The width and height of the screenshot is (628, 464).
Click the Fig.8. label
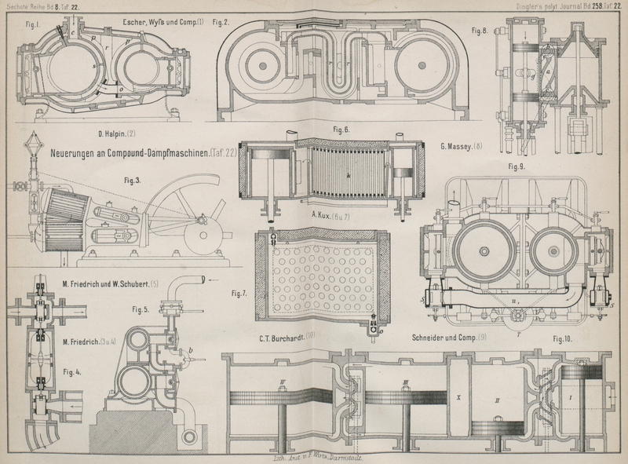479,32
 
